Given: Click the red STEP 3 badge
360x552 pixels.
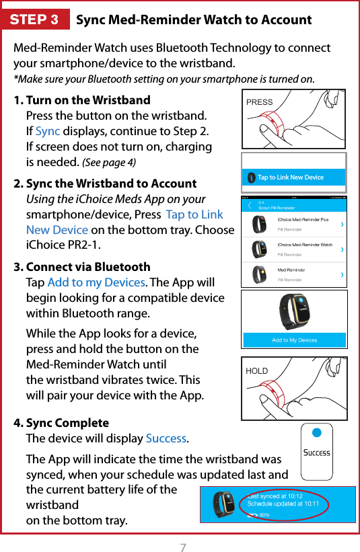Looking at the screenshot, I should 35,19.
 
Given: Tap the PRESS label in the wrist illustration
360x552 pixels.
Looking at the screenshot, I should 260,103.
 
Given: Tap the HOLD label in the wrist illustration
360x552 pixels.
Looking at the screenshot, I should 257,371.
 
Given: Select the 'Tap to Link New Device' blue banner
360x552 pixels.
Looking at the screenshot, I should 293,178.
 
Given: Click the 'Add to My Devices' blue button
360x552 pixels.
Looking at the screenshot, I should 294,340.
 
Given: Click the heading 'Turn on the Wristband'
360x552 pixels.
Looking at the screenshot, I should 87,100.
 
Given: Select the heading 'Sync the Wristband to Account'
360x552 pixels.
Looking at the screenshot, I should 111,184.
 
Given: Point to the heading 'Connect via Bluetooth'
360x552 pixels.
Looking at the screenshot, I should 87,267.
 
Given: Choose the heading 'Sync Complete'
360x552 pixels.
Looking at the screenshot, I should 67,423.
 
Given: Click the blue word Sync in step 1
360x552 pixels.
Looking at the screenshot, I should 48,131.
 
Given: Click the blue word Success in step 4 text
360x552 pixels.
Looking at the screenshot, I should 166,439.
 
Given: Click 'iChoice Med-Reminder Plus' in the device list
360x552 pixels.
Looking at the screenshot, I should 303,219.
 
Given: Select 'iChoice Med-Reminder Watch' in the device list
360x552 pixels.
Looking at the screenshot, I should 305,245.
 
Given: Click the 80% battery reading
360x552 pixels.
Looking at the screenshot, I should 264,514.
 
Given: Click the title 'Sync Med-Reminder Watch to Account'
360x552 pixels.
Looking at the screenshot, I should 194,19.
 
